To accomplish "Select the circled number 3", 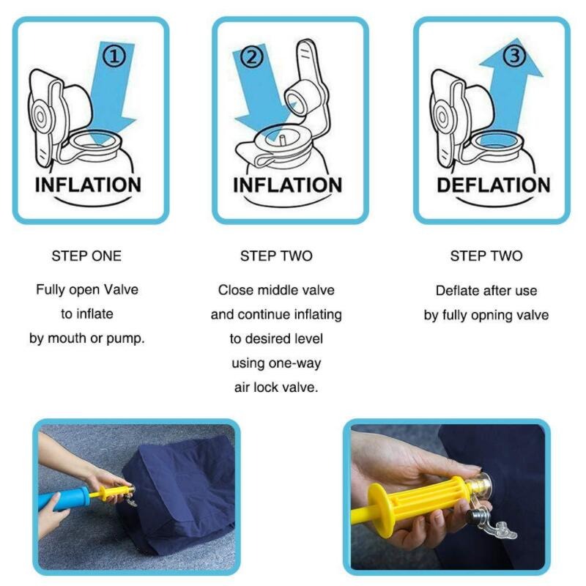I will (515, 55).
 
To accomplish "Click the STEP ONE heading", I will (86, 256).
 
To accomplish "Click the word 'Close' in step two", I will (235, 290).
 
